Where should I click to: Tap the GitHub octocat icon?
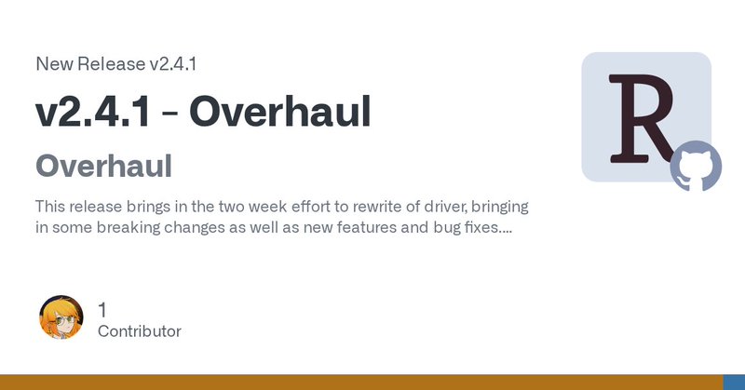696,166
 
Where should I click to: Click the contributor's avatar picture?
61,317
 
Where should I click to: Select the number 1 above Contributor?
103,308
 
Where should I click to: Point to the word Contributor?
139,331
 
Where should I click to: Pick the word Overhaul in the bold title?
280,112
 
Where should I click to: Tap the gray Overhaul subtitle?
103,167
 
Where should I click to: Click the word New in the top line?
52,64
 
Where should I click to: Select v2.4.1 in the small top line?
172,64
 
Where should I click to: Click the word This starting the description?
52,206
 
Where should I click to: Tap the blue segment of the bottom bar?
734,383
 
